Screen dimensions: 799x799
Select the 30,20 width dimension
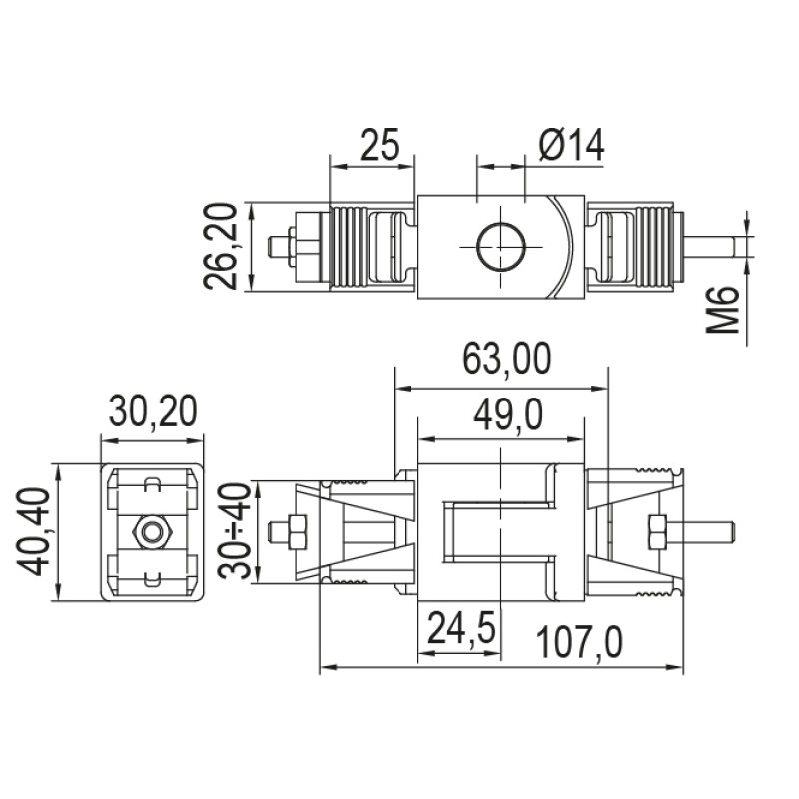[153, 412]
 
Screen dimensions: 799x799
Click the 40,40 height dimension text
[37, 532]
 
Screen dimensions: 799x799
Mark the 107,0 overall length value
[579, 644]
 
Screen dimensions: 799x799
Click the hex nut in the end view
[153, 532]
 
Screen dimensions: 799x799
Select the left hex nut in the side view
[296, 531]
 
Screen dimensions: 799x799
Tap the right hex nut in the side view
[657, 531]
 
